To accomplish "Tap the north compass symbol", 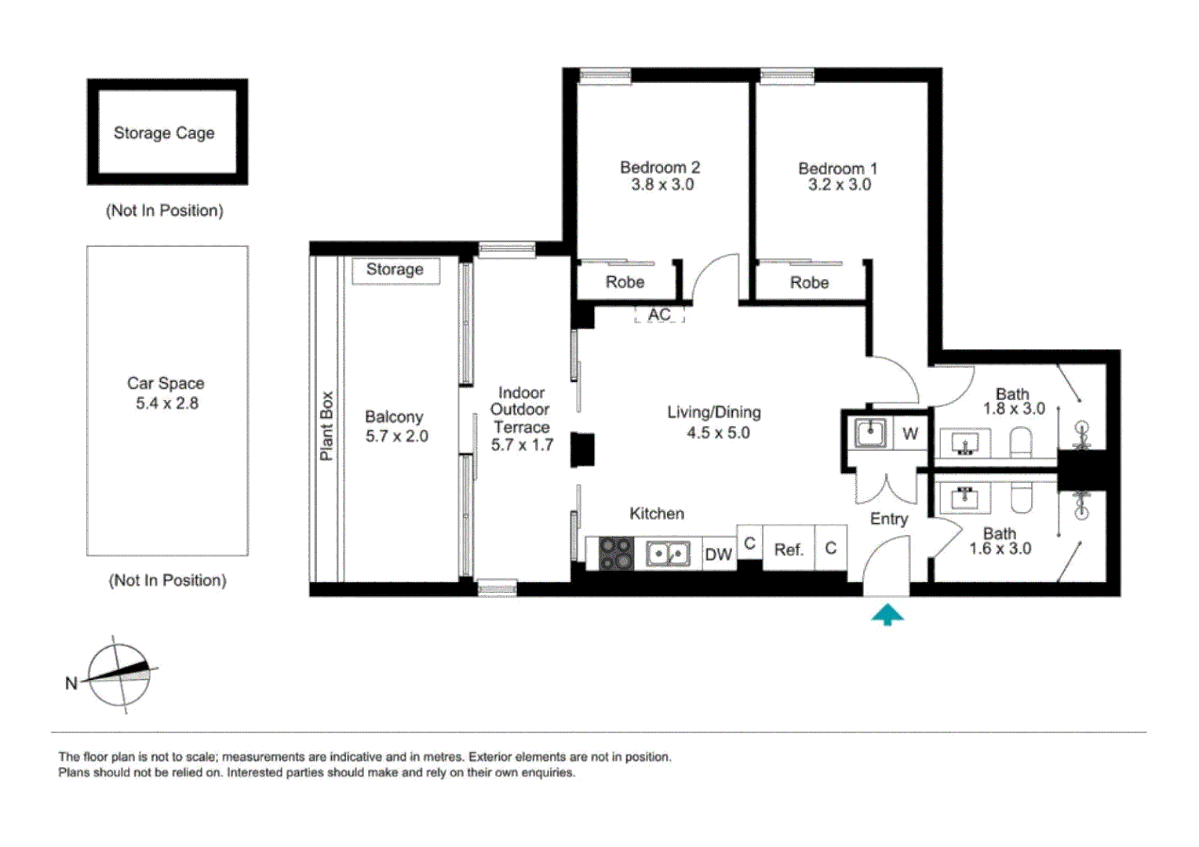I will pos(118,674).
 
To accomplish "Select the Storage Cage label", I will pos(164,133).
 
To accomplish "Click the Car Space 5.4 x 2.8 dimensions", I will pos(166,403).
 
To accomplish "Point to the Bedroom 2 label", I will pos(659,167).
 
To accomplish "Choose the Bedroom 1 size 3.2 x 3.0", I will pos(839,185).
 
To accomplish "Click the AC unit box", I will pos(659,314).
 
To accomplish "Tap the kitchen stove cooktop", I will pos(616,553).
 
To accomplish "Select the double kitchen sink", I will pos(668,554).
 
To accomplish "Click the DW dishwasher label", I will pos(718,554).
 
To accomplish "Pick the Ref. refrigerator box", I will pos(789,549).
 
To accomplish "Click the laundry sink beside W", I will pos(869,433).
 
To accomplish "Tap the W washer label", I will pos(909,434).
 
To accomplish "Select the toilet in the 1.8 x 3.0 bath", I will pos(1020,442).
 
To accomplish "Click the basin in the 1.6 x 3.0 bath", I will pos(964,498).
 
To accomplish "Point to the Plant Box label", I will pos(326,426).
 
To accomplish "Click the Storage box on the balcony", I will pos(395,270).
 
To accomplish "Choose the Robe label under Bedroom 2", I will pos(625,282).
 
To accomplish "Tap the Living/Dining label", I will pos(713,413).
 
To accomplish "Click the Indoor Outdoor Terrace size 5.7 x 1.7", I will pos(522,445).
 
